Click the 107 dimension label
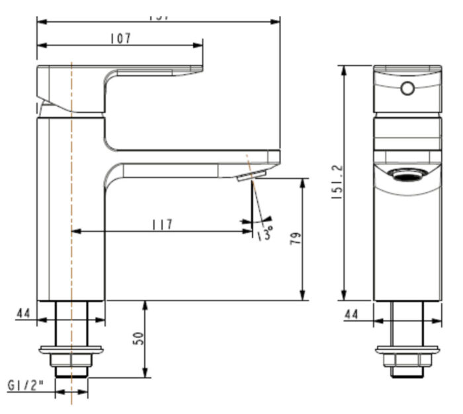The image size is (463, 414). pos(120,38)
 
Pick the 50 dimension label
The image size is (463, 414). pos(138,339)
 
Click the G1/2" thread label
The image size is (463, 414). pos(24,384)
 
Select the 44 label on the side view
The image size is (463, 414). pos(24,313)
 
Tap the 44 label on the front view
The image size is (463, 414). pos(351,314)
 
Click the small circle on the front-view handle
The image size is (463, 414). pos(407,88)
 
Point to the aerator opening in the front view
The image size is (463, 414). pos(406,174)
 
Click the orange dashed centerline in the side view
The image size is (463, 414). pos(70,198)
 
